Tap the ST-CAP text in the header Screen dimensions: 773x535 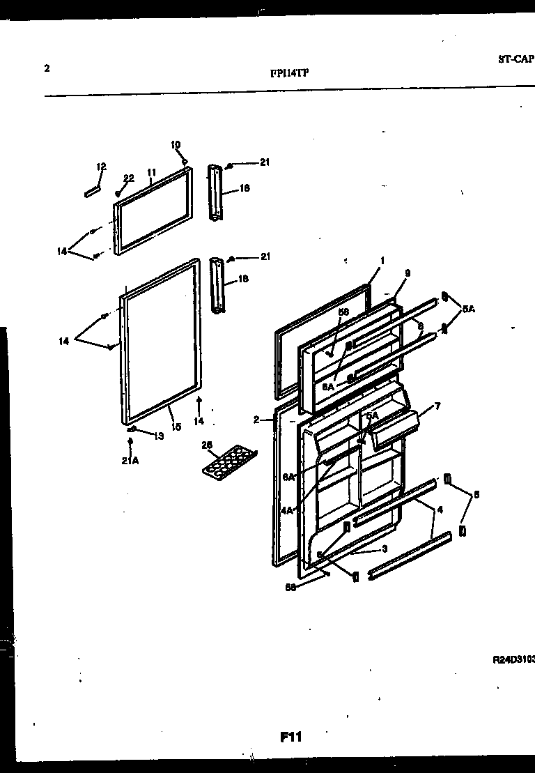coord(515,60)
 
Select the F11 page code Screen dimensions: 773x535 coord(291,736)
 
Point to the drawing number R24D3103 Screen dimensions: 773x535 coord(513,658)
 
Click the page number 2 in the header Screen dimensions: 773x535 coord(46,68)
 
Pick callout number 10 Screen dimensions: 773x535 coord(176,145)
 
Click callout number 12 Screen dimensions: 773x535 coord(101,167)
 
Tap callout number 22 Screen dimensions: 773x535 coord(128,178)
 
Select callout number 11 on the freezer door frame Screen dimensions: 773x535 coord(153,171)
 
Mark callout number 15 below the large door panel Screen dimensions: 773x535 coord(176,427)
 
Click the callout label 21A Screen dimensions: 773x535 coord(130,461)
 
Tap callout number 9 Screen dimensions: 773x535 coord(407,273)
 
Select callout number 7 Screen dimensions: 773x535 coord(437,406)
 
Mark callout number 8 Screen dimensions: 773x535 coord(420,325)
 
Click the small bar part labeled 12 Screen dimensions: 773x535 coord(92,192)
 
